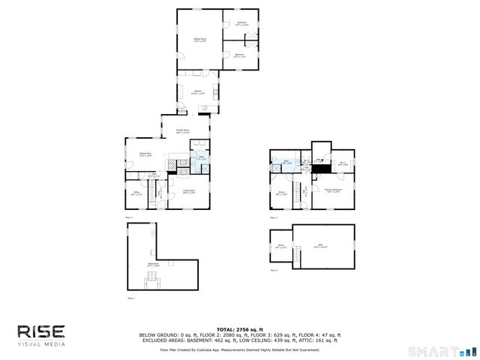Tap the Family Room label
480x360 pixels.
tap(182, 130)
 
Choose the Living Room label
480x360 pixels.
tap(188, 191)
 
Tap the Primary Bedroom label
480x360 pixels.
tap(333, 190)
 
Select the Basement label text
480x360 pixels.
tap(153, 264)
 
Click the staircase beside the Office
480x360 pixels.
tap(159, 193)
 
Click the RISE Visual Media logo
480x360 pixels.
tap(42, 334)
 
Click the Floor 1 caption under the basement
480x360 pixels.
tap(130, 298)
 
